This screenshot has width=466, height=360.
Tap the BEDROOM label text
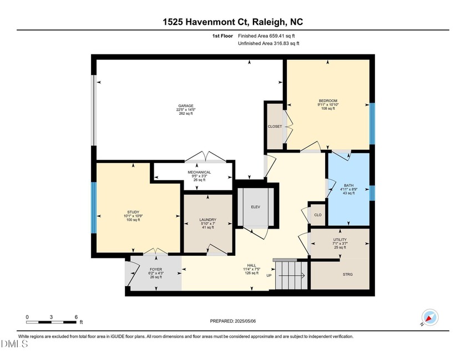(x=327, y=100)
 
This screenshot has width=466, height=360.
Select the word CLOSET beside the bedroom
(x=275, y=126)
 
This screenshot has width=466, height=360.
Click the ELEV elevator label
(x=256, y=207)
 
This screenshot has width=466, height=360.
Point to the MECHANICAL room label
(x=199, y=172)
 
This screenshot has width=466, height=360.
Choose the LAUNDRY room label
(x=207, y=220)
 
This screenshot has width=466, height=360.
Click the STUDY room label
(x=133, y=212)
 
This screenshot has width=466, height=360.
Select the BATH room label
(x=349, y=186)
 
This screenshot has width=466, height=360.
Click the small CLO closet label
(x=318, y=215)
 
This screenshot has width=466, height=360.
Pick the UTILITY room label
(x=340, y=240)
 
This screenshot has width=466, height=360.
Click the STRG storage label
(x=348, y=274)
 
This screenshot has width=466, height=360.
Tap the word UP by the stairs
(x=270, y=276)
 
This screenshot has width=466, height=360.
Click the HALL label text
(x=251, y=265)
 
